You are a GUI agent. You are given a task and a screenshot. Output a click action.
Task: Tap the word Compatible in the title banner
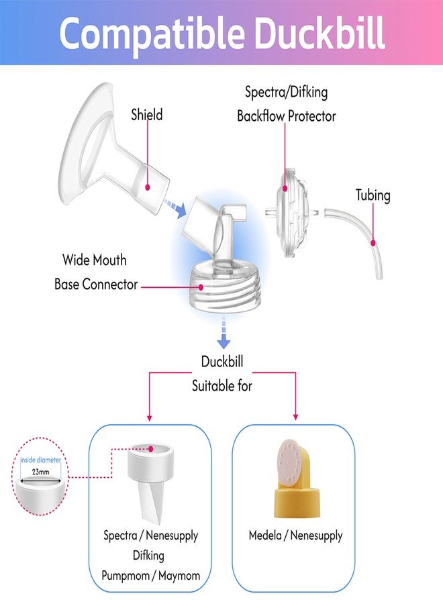[x=152, y=36]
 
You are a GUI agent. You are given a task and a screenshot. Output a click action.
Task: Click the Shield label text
[x=147, y=114]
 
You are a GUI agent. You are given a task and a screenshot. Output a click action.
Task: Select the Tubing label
[x=373, y=195]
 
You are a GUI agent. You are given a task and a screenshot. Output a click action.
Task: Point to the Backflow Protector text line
[x=286, y=116]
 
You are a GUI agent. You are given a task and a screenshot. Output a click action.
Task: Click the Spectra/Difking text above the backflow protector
[x=286, y=93]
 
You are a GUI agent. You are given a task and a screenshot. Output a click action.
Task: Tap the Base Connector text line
[x=96, y=285]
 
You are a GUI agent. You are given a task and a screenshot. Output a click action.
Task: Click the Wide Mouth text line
[x=95, y=260]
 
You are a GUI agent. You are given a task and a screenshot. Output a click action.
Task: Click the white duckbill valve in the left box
[x=150, y=483]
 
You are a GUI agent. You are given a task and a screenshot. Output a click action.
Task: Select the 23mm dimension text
[x=40, y=472]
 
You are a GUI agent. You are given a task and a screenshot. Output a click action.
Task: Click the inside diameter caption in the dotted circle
[x=40, y=460]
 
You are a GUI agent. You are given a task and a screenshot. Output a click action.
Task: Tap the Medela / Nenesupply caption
[x=295, y=536]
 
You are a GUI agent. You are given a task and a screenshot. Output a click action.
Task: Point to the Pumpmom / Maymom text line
[x=150, y=576]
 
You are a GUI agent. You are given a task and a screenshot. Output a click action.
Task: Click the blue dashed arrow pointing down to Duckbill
[x=224, y=333]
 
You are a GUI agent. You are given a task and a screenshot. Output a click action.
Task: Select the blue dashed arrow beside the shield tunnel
[x=175, y=208]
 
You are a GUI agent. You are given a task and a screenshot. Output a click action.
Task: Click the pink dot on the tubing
[x=373, y=243]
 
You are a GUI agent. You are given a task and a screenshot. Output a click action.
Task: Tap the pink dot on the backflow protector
[x=285, y=189]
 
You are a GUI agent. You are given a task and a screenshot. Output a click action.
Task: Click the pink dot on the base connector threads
[x=201, y=287]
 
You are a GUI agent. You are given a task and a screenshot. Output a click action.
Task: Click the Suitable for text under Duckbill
[x=222, y=386]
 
